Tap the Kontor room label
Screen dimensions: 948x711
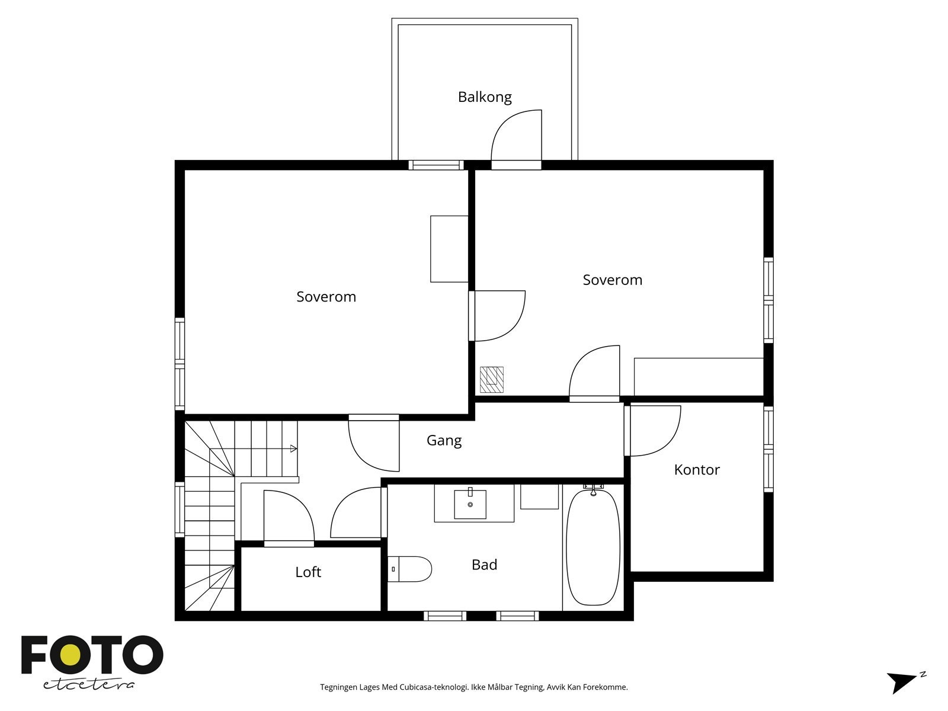pyautogui.click(x=697, y=470)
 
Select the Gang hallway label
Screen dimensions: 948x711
pyautogui.click(x=444, y=441)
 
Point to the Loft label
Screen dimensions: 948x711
pyautogui.click(x=308, y=572)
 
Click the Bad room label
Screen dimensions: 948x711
pyautogui.click(x=484, y=565)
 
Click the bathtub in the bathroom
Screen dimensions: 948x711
pyautogui.click(x=593, y=547)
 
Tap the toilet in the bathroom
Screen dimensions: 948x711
pyautogui.click(x=409, y=569)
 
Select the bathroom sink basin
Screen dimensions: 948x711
pyautogui.click(x=470, y=504)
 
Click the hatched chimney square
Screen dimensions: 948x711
pyautogui.click(x=492, y=379)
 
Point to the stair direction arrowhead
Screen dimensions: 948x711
pyautogui.click(x=294, y=449)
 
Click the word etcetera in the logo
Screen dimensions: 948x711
pyautogui.click(x=88, y=685)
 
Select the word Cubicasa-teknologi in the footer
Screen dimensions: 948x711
pyautogui.click(x=434, y=687)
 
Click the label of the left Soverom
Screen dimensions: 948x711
pyautogui.click(x=326, y=297)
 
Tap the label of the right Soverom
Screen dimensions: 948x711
pyautogui.click(x=613, y=280)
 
